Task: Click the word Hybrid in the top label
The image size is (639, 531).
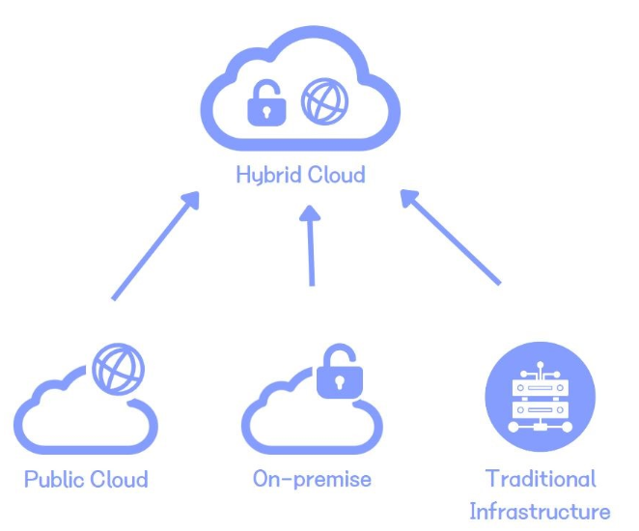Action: pyautogui.click(x=266, y=177)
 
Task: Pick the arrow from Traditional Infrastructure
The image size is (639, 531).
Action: pyautogui.click(x=451, y=237)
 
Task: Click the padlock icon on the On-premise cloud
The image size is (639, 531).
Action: pyautogui.click(x=338, y=372)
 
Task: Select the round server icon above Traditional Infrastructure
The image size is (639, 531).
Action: pyautogui.click(x=540, y=398)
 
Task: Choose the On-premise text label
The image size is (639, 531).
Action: pyautogui.click(x=312, y=478)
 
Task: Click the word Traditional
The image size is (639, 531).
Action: pyautogui.click(x=541, y=479)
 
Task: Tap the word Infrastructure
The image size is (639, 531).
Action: pyautogui.click(x=540, y=510)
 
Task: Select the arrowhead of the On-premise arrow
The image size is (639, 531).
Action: pyautogui.click(x=310, y=215)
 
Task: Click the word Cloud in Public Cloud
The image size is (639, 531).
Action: pyautogui.click(x=120, y=479)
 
